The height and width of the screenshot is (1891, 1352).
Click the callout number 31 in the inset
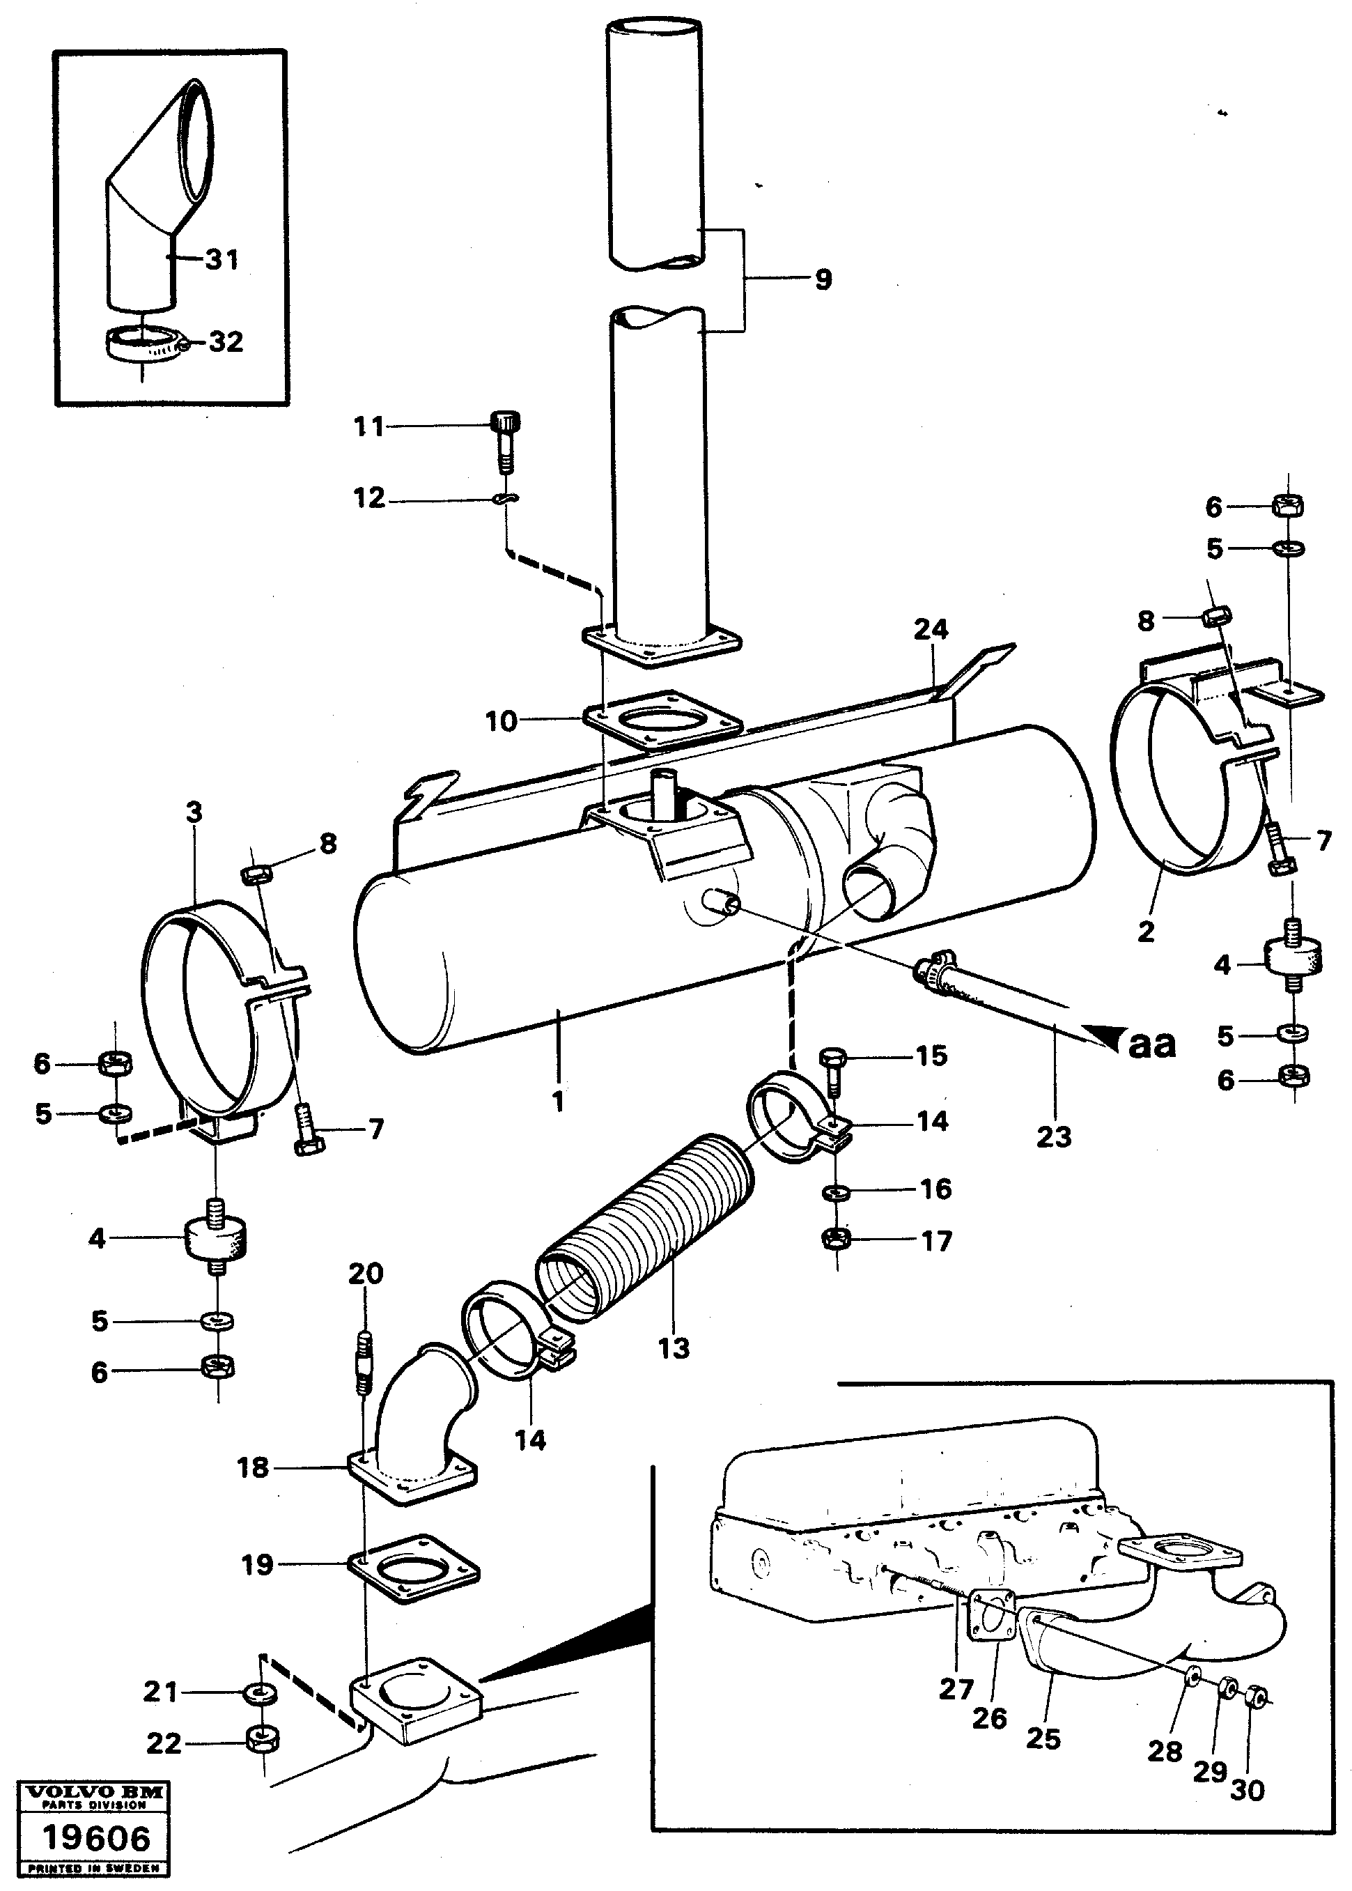pos(222,260)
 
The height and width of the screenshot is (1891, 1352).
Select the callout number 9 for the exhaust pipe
pos(823,279)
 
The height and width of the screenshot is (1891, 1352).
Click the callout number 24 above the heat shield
pos(931,629)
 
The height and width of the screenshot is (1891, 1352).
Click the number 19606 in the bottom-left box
pos(95,1838)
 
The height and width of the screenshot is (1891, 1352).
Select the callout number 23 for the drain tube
pos(1053,1136)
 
